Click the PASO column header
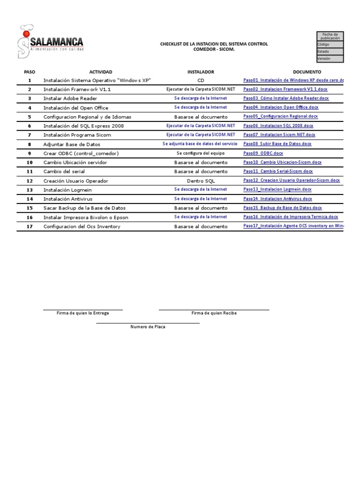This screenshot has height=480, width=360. (30, 72)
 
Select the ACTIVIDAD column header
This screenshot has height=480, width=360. (101, 72)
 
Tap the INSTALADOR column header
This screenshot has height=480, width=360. (201, 72)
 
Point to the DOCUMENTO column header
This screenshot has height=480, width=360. (307, 72)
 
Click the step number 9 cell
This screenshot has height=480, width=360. (30, 153)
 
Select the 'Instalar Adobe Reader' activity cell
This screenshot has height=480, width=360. (70, 98)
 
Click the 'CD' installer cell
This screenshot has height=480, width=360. (201, 81)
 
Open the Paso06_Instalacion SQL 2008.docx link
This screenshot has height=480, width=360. (278, 126)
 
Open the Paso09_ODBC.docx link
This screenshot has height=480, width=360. (263, 153)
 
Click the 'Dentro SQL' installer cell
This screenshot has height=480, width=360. (201, 181)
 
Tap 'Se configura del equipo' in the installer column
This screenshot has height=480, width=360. (201, 153)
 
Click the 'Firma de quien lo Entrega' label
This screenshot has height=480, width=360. (82, 313)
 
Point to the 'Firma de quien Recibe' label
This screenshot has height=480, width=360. (214, 313)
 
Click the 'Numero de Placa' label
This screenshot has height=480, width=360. (148, 327)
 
